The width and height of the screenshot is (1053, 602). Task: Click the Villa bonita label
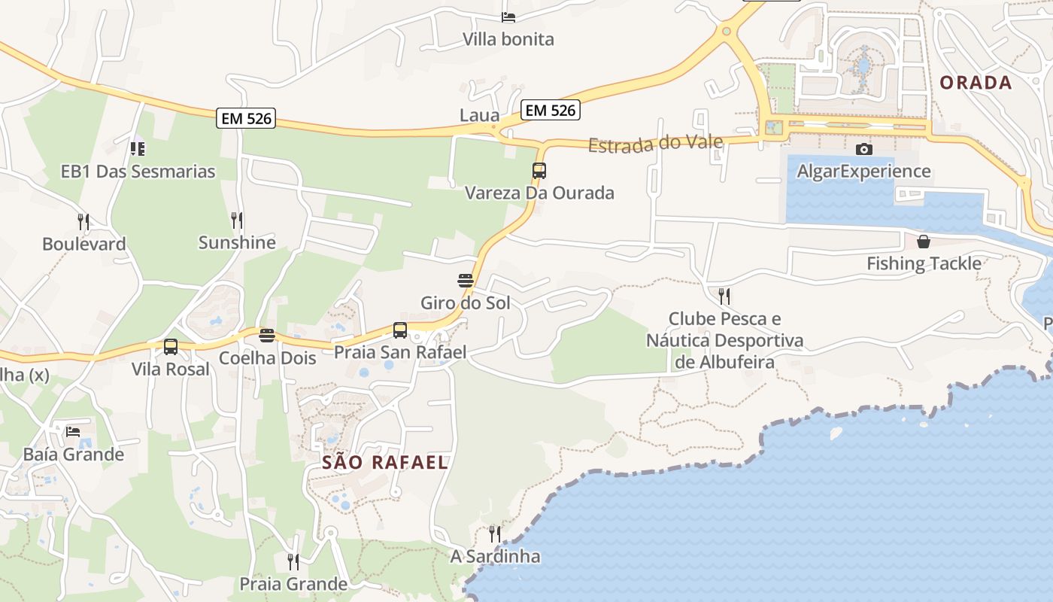508,39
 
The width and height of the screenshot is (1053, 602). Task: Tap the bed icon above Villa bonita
508,17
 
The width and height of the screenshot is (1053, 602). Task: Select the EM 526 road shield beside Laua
551,110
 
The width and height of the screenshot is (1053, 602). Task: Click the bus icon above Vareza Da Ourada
539,171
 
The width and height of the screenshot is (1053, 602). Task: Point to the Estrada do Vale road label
655,143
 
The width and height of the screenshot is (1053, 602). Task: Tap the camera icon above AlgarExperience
864,149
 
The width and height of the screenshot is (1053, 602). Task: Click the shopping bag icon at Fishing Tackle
924,242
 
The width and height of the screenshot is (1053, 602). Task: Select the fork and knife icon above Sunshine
237,220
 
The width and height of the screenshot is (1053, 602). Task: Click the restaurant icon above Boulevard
83,222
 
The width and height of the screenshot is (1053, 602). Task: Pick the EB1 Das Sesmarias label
138,172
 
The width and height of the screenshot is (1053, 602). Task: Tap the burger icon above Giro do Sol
466,281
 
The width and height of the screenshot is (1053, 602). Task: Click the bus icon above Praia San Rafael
400,330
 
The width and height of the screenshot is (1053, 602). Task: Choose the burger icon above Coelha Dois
267,336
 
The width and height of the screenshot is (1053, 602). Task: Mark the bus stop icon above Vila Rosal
171,347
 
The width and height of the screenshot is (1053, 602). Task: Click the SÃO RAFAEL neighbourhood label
385,463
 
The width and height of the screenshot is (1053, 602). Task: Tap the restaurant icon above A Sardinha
495,534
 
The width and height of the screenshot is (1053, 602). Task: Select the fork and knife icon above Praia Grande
293,561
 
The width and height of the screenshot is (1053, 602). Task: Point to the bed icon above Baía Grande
73,432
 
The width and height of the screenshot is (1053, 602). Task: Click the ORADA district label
976,83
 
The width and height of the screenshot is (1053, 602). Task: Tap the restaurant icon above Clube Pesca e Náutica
724,296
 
